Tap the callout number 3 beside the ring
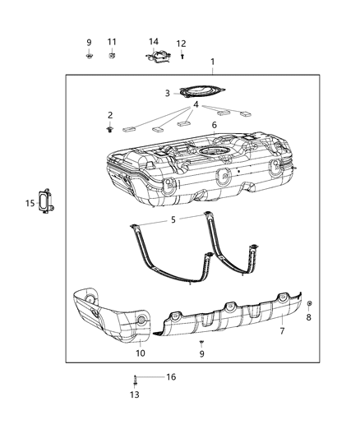[167, 94]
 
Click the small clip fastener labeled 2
[109, 129]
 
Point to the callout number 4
[196, 104]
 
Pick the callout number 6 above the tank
[214, 125]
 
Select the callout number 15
[29, 204]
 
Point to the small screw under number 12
[182, 57]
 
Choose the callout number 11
[112, 41]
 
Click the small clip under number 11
[112, 56]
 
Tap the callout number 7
[282, 332]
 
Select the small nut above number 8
[309, 304]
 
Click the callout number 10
[139, 353]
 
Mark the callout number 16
[171, 376]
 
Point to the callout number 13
[134, 395]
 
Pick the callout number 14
[154, 41]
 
